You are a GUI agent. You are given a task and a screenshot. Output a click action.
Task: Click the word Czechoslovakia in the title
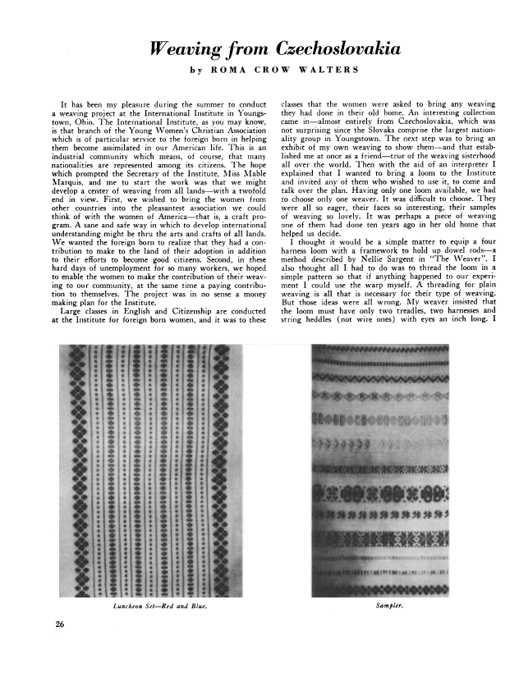click(x=331, y=51)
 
